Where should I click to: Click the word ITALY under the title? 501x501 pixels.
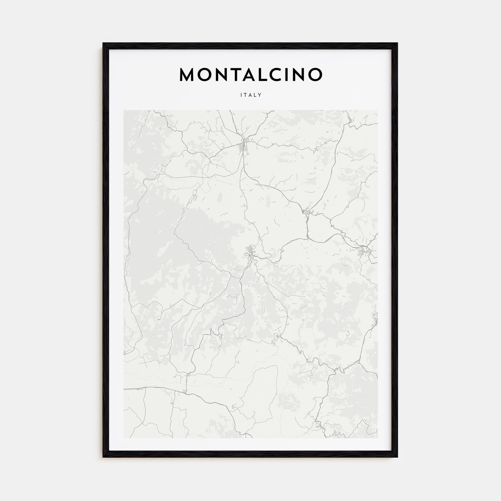pos(251,95)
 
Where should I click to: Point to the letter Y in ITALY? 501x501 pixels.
pos(260,95)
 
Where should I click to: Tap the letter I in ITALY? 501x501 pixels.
pos(241,95)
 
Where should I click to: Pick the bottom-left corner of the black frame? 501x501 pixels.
pos(103,457)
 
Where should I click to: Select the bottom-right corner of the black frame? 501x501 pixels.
pos(397,457)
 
